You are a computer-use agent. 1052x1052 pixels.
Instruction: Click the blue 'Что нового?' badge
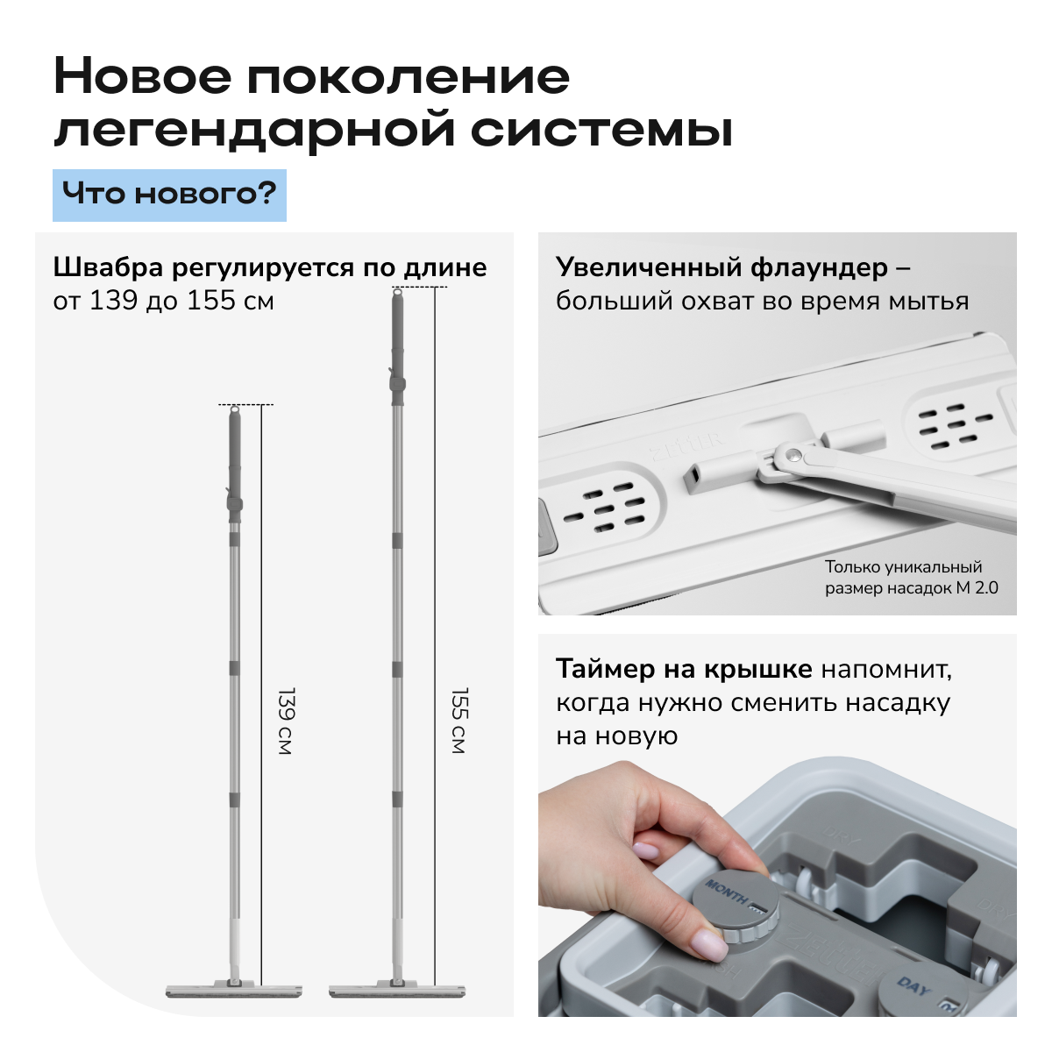tap(169, 195)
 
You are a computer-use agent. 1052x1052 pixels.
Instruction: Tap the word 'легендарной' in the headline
tap(254, 131)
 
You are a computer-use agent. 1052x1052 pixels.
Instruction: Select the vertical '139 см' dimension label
tap(286, 721)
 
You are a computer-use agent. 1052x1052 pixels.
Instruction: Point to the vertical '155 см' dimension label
tap(459, 721)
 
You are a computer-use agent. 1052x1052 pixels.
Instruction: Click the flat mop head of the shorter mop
tap(234, 991)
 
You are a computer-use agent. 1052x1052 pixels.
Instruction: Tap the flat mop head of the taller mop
tap(397, 991)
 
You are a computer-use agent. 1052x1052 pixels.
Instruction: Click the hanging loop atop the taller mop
tap(397, 293)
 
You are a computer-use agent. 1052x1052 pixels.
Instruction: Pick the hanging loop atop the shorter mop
tap(235, 410)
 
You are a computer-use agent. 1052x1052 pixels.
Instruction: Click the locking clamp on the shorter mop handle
tap(234, 500)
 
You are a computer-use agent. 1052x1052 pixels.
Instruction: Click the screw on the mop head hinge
tap(793, 452)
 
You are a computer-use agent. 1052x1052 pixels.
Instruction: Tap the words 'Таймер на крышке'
tap(684, 669)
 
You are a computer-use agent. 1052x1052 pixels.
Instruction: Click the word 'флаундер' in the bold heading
tap(819, 268)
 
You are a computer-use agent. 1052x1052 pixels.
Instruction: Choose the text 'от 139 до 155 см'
tap(163, 301)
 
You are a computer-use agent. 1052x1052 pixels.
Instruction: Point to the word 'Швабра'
tap(108, 267)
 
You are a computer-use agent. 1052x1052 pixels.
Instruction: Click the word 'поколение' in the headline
tap(409, 77)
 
